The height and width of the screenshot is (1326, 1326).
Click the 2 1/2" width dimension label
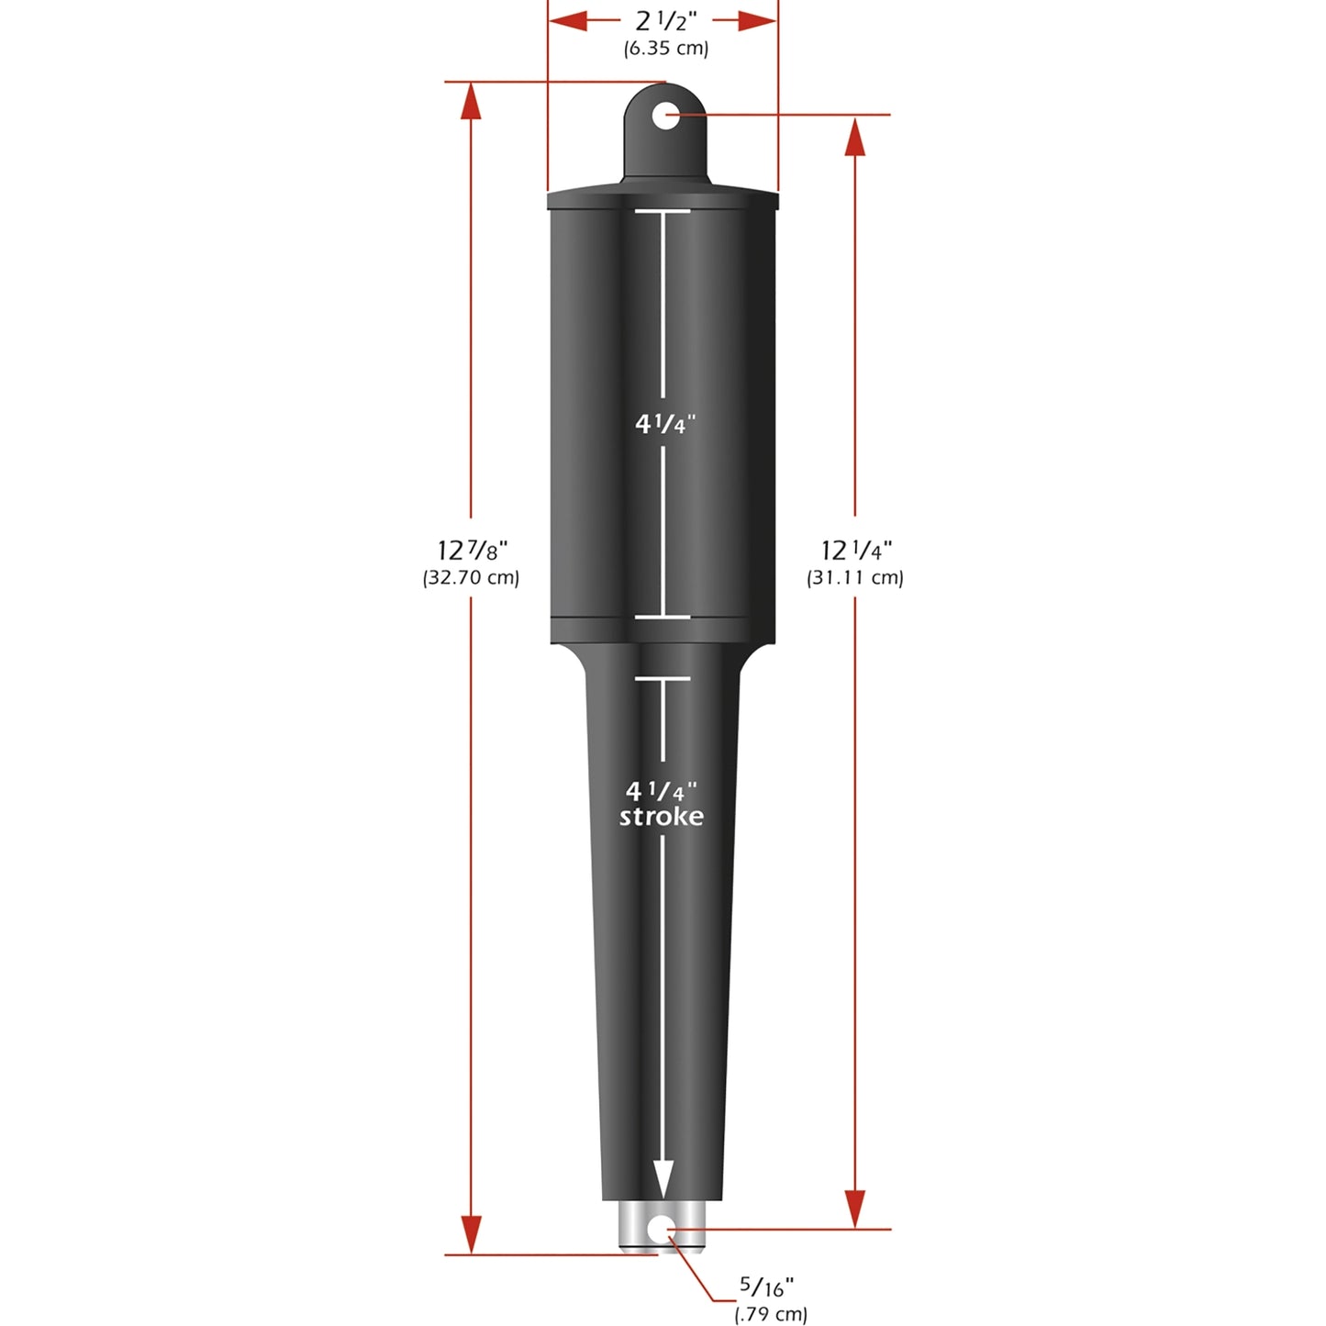click(665, 21)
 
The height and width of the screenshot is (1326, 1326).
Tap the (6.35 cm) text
click(665, 49)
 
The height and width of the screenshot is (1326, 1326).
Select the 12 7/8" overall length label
click(472, 551)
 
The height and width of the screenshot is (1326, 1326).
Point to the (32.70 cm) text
click(471, 578)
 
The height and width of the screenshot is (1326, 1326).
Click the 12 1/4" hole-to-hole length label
click(856, 551)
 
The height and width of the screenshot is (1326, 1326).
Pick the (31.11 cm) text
click(855, 578)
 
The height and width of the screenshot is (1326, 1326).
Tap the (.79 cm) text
click(771, 1314)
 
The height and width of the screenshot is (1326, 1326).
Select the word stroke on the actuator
click(662, 817)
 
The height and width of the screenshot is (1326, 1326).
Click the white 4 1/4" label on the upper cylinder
click(665, 424)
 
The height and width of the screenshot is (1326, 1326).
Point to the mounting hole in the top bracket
click(666, 116)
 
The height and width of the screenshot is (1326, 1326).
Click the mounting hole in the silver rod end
click(663, 1230)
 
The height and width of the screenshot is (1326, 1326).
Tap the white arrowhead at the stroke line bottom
click(663, 1179)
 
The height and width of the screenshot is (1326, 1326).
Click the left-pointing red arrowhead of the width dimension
click(567, 21)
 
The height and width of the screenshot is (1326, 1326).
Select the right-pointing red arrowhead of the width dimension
click(759, 21)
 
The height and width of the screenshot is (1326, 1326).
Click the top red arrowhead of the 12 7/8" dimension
click(471, 103)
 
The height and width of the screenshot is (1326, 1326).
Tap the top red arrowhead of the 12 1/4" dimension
click(855, 138)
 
